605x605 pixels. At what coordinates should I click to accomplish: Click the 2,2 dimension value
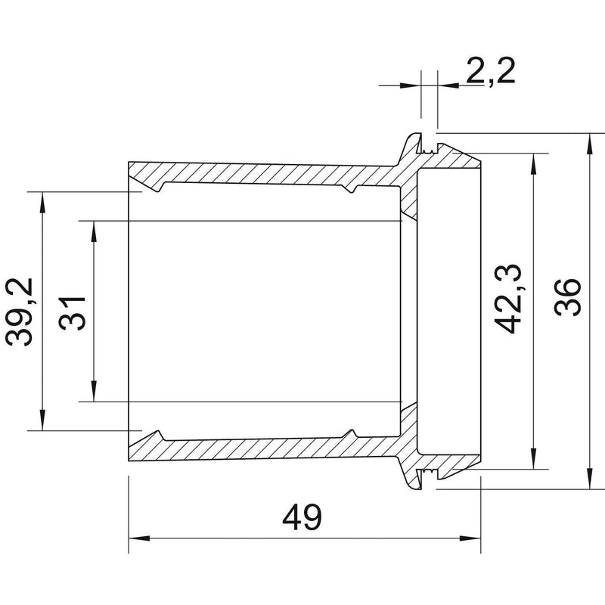pos(490,71)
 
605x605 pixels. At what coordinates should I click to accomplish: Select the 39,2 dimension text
pos(20,312)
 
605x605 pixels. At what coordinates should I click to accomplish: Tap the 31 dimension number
pos(72,313)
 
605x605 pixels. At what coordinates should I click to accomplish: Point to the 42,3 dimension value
pos(507,299)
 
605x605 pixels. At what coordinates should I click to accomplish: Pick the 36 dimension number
pos(567,297)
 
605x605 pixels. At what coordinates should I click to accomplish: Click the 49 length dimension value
pos(302,517)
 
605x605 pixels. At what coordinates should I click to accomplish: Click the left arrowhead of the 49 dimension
pos(139,538)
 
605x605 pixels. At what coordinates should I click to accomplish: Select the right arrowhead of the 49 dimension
pos(470,538)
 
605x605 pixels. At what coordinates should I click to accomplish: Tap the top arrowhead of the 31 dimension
pos(94,231)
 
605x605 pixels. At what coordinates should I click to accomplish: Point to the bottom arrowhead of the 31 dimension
pos(94,391)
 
